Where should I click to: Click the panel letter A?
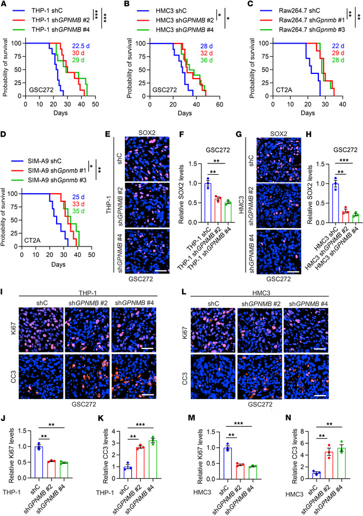pyautogui.click(x=5, y=5)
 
